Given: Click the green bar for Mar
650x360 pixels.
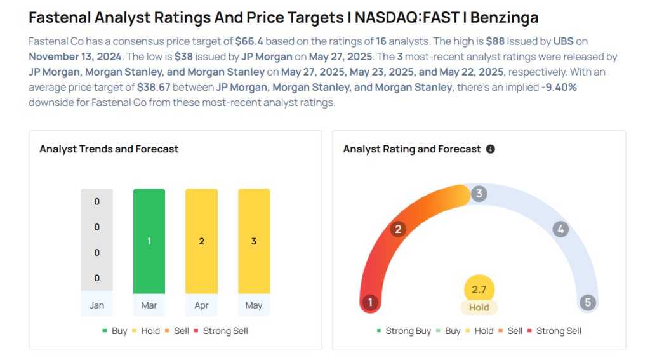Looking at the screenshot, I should click(149, 241).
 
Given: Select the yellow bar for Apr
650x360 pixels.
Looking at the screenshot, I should click(201, 241).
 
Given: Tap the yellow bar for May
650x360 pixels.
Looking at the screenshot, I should click(254, 241).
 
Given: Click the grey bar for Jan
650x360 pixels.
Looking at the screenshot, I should click(97, 239).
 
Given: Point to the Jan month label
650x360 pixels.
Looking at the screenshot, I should click(97, 305).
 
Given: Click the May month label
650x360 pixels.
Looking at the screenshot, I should click(254, 305).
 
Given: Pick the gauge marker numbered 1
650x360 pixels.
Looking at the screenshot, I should click(370, 302).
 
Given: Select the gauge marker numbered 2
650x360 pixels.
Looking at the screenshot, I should click(398, 229).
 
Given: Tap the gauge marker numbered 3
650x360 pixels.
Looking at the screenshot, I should click(479, 194).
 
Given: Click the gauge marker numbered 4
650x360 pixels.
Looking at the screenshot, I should click(560, 229).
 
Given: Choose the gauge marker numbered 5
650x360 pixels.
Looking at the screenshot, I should click(588, 302).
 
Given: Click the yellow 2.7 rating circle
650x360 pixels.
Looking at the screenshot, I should click(479, 290).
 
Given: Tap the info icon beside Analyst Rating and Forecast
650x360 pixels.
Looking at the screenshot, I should click(490, 149).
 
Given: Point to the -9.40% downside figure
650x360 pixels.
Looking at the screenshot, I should click(559, 87).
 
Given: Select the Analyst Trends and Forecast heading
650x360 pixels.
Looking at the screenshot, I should click(109, 149).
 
